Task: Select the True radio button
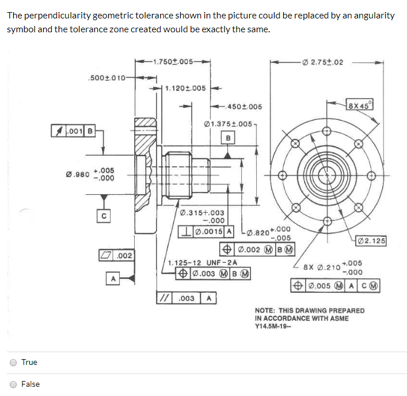pos(13,363)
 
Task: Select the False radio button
pos(13,384)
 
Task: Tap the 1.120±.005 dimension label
pos(185,88)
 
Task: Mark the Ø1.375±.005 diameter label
pos(228,123)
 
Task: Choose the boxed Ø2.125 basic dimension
pos(371,240)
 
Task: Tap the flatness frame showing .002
pos(117,255)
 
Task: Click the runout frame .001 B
pos(73,131)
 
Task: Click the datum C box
pos(103,216)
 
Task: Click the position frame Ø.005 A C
pos(336,285)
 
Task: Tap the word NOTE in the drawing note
pos(266,311)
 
